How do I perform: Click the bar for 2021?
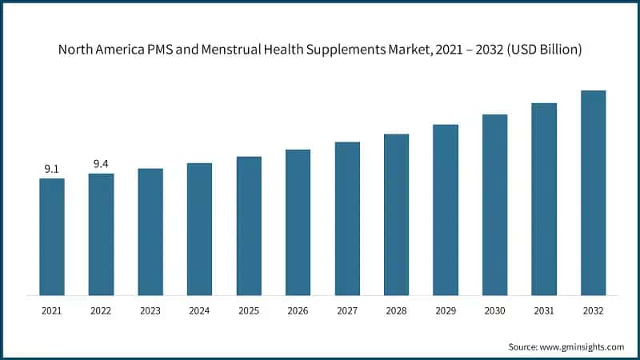[52, 237]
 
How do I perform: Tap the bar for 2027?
[347, 218]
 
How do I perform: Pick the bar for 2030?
[494, 205]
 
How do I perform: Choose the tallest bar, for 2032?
[593, 193]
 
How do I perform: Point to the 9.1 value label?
[52, 169]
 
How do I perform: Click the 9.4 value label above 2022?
[101, 164]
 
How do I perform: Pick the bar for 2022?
[101, 234]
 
